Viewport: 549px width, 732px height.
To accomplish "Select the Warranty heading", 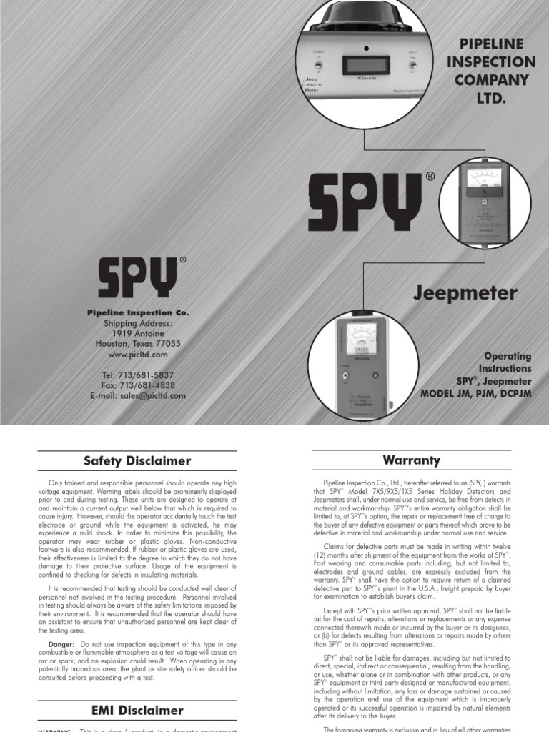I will point(411,460).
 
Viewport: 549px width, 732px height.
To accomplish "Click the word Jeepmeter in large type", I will point(473,292).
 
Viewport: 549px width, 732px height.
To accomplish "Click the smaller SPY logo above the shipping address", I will point(138,278).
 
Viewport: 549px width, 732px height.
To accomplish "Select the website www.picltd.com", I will point(138,354).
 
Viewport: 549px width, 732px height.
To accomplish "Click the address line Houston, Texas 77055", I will point(138,344).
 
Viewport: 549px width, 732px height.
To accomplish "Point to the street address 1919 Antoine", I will point(138,334).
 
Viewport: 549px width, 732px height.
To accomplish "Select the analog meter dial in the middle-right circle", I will point(484,179).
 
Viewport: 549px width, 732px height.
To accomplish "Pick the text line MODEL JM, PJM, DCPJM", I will point(476,393).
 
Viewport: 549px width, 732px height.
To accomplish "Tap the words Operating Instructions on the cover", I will point(508,362).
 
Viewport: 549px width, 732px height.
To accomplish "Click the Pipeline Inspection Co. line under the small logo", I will point(138,313).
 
